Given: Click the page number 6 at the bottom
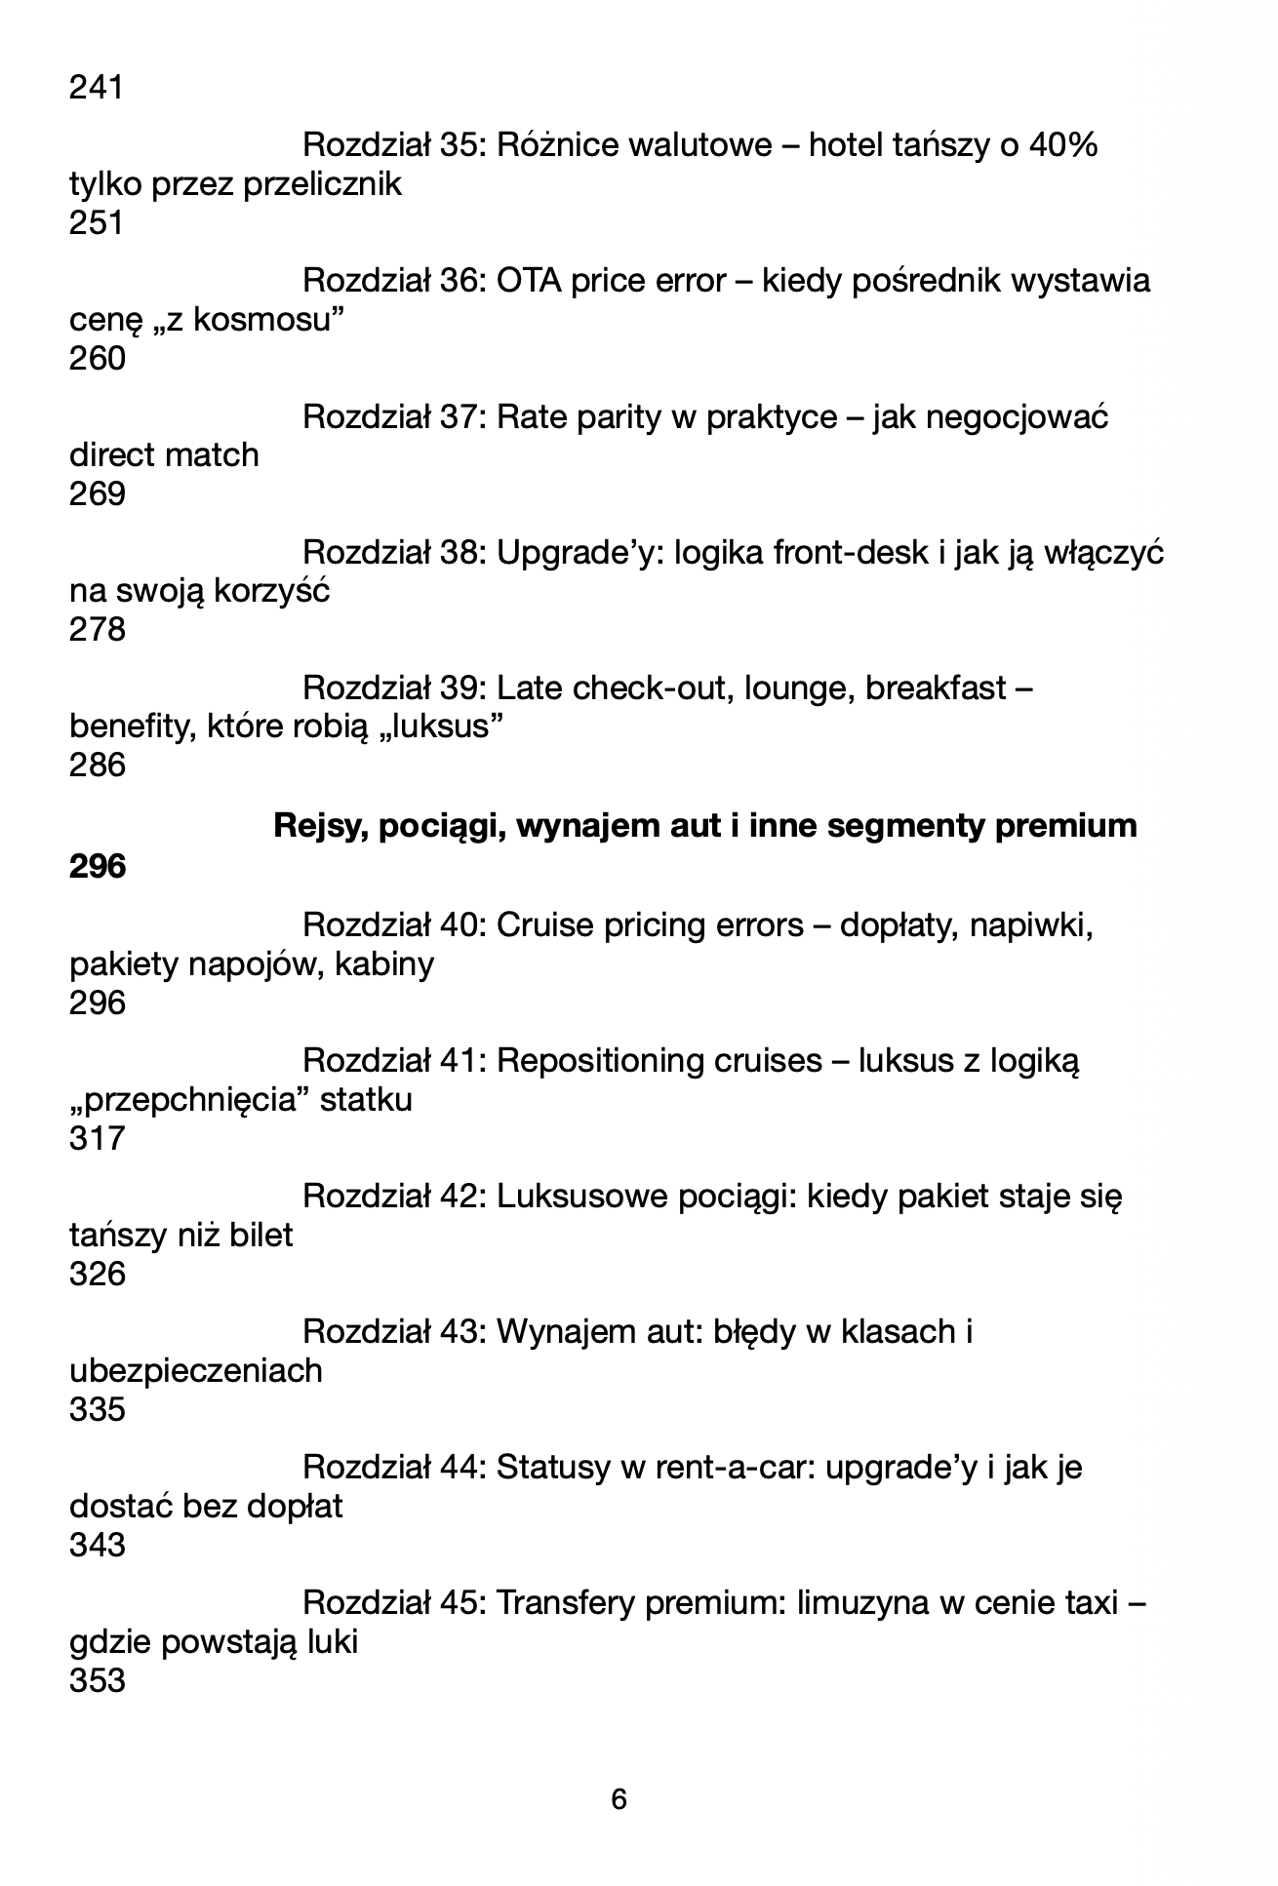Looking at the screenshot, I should pyautogui.click(x=619, y=1798).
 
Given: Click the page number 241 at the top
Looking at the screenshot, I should pyautogui.click(x=97, y=88).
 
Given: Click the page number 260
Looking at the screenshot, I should pyautogui.click(x=97, y=359).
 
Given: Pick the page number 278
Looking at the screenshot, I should pyautogui.click(x=97, y=630).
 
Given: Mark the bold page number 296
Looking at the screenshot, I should pyautogui.click(x=97, y=866).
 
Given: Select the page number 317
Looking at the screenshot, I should pyautogui.click(x=97, y=1138).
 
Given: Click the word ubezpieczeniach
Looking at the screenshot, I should pyautogui.click(x=195, y=1371).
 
